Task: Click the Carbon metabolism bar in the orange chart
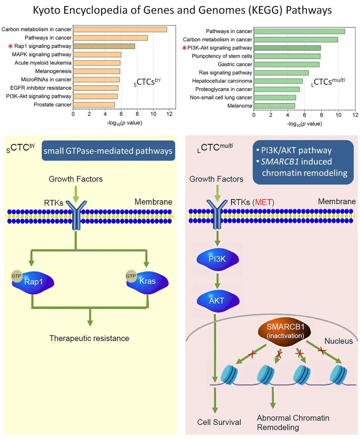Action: click(x=120, y=29)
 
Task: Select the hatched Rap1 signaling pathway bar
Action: click(x=104, y=46)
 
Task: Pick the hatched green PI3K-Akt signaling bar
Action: click(x=287, y=48)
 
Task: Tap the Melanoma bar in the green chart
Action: click(x=274, y=106)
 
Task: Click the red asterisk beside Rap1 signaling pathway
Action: click(x=10, y=46)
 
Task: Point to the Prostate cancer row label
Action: click(x=53, y=105)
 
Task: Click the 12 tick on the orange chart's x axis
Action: click(x=169, y=114)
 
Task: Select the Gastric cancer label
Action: click(x=235, y=64)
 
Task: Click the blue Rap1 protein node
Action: click(x=34, y=282)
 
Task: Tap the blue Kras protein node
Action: click(x=148, y=282)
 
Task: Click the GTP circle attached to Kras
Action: click(x=131, y=276)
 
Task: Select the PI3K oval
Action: click(x=217, y=259)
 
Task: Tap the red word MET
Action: click(x=263, y=202)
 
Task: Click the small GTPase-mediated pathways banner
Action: click(x=108, y=151)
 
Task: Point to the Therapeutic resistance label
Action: click(x=89, y=338)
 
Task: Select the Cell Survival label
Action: click(x=219, y=422)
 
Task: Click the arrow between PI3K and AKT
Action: click(x=217, y=281)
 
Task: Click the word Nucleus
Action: click(x=338, y=341)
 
